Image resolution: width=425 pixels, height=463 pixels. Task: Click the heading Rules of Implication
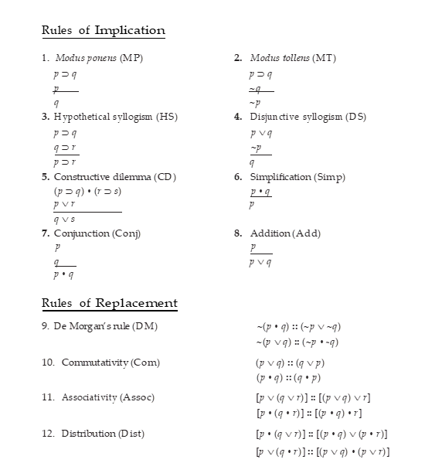[x=103, y=31]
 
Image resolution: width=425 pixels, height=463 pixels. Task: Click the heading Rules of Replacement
[x=109, y=303]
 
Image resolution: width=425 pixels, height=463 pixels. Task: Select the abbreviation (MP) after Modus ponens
[x=131, y=59]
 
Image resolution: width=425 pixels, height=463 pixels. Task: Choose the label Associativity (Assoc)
[x=108, y=397]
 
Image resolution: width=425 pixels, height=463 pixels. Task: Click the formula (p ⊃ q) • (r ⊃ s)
[x=87, y=190]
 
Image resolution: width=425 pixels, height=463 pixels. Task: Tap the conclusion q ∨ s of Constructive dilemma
[x=65, y=220]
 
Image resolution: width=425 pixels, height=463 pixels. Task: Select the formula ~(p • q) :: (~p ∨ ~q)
[x=298, y=326]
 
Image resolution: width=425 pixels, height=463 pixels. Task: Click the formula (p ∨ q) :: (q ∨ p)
[x=290, y=363]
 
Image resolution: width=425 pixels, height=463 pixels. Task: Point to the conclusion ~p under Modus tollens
[x=255, y=103]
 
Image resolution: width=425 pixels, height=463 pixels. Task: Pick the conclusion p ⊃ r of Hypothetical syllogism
[x=65, y=162]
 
